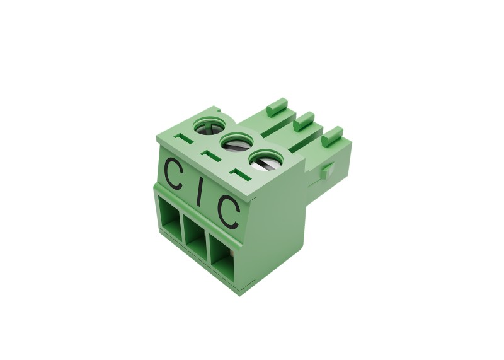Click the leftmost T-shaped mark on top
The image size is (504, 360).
pos(182,139)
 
